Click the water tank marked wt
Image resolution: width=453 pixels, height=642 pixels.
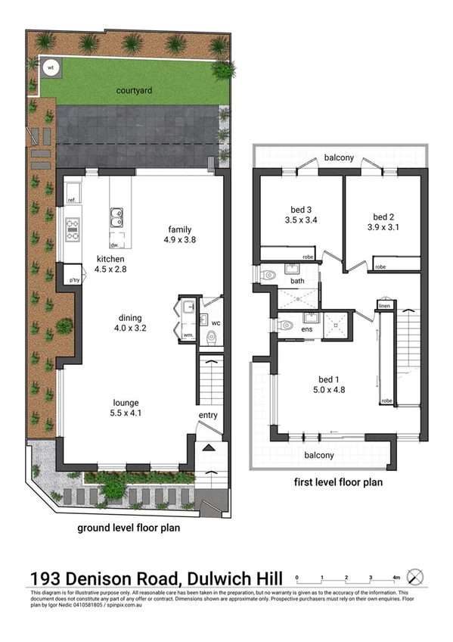coord(51,67)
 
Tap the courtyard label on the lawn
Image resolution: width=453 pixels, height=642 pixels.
coord(135,91)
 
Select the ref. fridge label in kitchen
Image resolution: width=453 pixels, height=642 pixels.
coord(73,200)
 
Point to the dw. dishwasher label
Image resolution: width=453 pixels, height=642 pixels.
coord(114,245)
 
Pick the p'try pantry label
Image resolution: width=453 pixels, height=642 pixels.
coord(74,279)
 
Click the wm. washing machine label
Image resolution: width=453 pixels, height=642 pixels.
coord(188,334)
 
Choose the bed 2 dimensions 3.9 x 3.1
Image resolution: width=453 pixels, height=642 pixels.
coord(383,226)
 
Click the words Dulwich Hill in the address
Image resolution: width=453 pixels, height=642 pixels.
coord(231,578)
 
